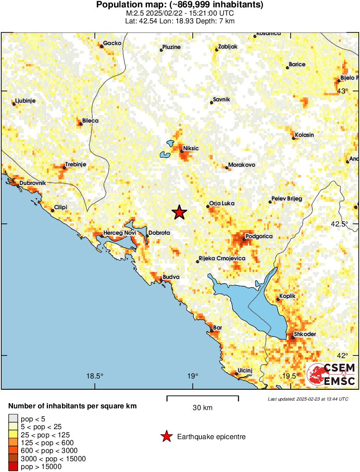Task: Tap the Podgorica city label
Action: [x=259, y=236]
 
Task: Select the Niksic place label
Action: [x=191, y=148]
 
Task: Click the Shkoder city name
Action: [x=305, y=334]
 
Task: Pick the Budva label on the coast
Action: [x=171, y=277]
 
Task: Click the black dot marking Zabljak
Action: [x=217, y=50]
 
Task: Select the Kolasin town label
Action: [x=304, y=135]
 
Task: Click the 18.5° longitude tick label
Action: [x=96, y=375]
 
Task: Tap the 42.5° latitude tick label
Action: [x=339, y=223]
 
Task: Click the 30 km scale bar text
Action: [x=202, y=407]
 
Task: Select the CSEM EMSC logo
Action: [x=331, y=375]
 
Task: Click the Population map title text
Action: [x=180, y=5]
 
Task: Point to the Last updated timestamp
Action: [x=308, y=399]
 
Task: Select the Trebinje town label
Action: [x=76, y=165]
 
